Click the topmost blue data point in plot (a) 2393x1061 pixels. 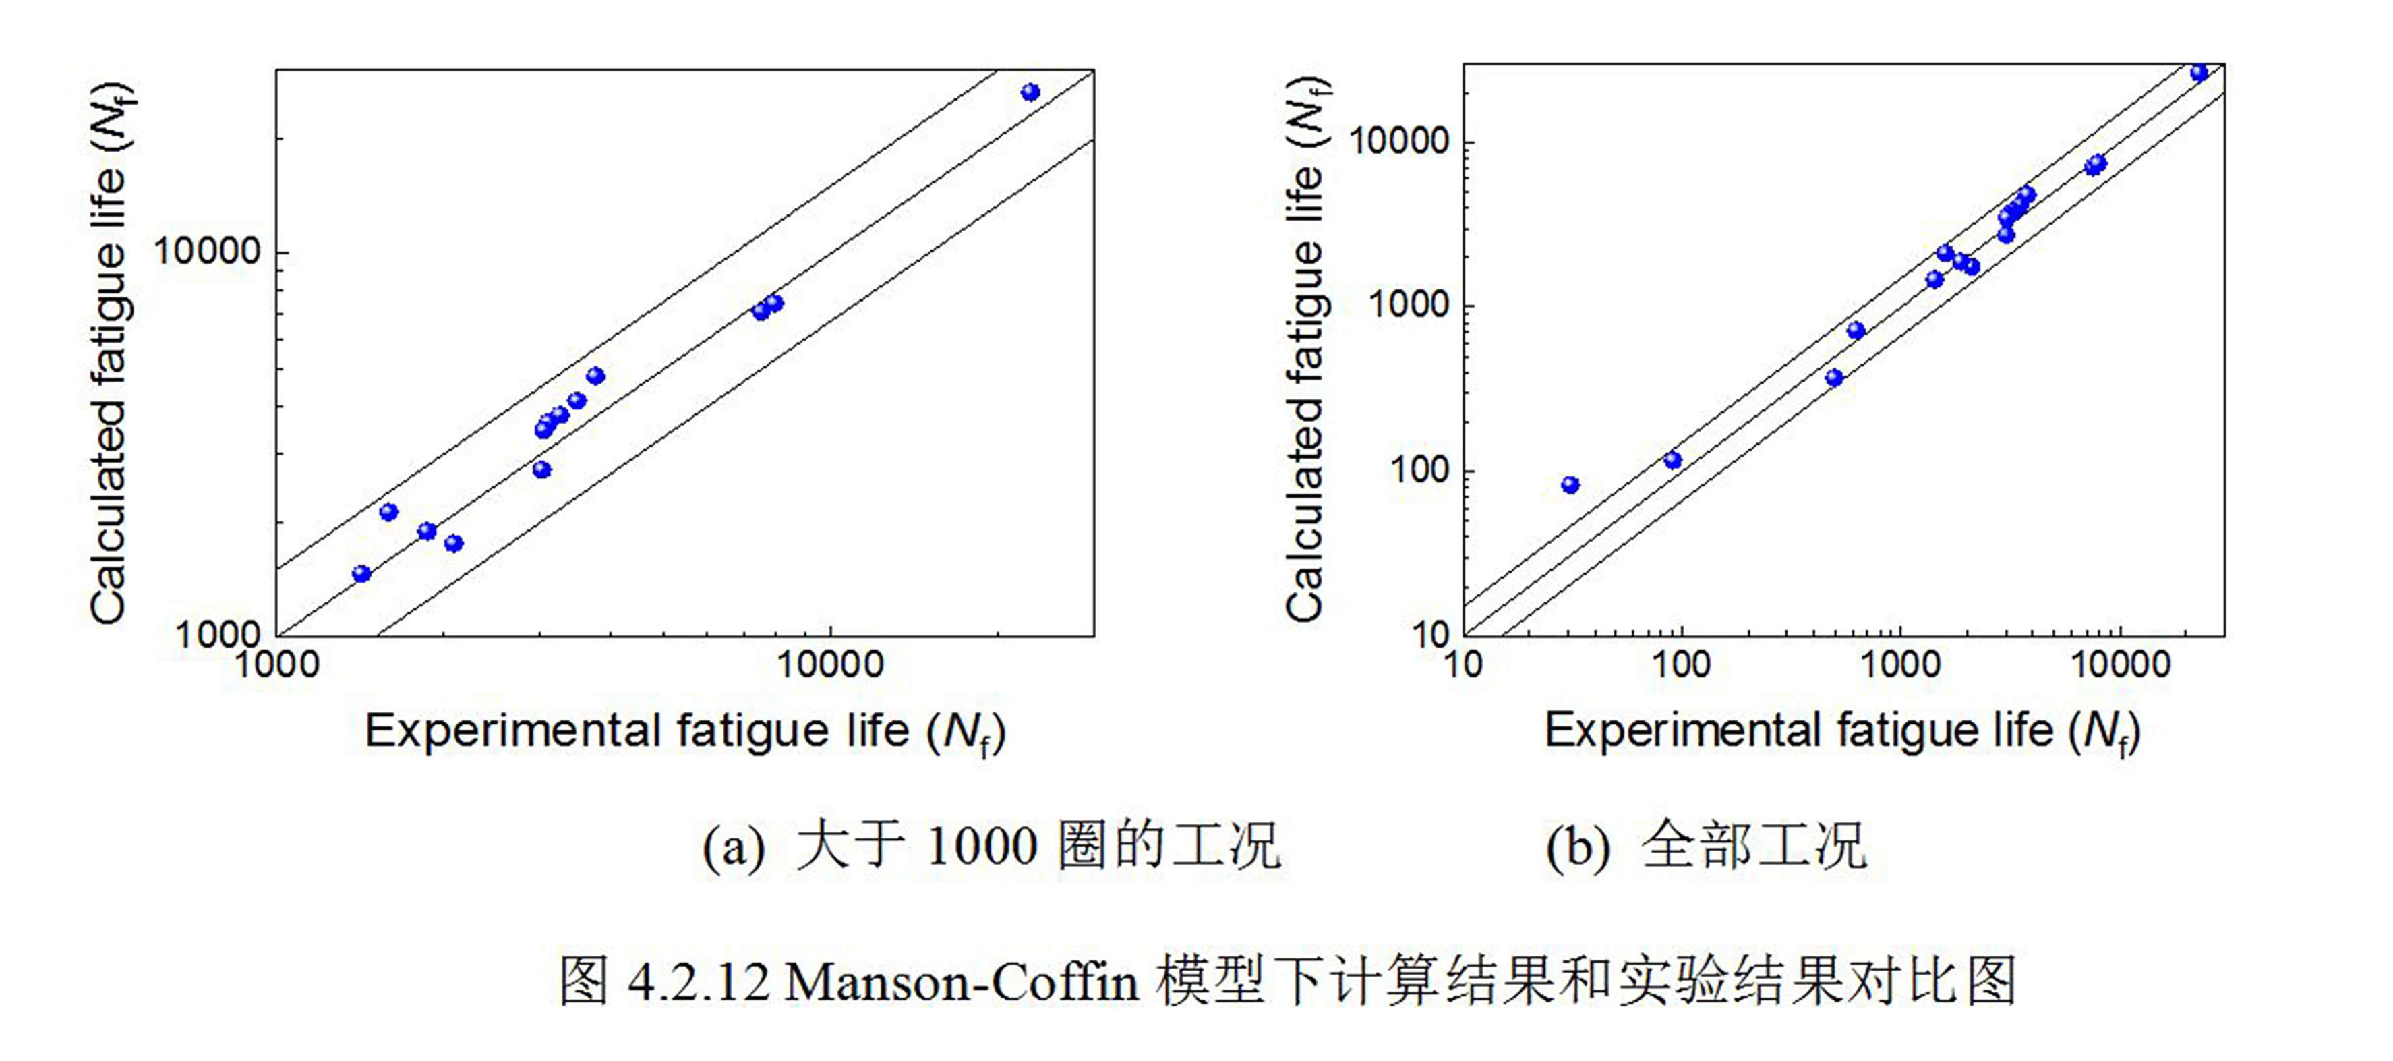(1030, 92)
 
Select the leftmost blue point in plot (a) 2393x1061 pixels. (361, 574)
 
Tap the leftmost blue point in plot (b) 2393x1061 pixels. (1570, 485)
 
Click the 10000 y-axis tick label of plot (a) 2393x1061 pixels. (206, 252)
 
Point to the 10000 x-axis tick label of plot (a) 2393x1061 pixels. (829, 665)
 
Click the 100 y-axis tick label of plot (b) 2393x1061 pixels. (1419, 470)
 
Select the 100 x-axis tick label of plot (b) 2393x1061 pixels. (1680, 665)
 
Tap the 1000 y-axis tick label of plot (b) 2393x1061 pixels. (1409, 305)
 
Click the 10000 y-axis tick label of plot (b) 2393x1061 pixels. (1398, 141)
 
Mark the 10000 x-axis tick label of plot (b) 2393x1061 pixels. (2121, 665)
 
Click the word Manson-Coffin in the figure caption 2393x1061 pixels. (962, 982)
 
